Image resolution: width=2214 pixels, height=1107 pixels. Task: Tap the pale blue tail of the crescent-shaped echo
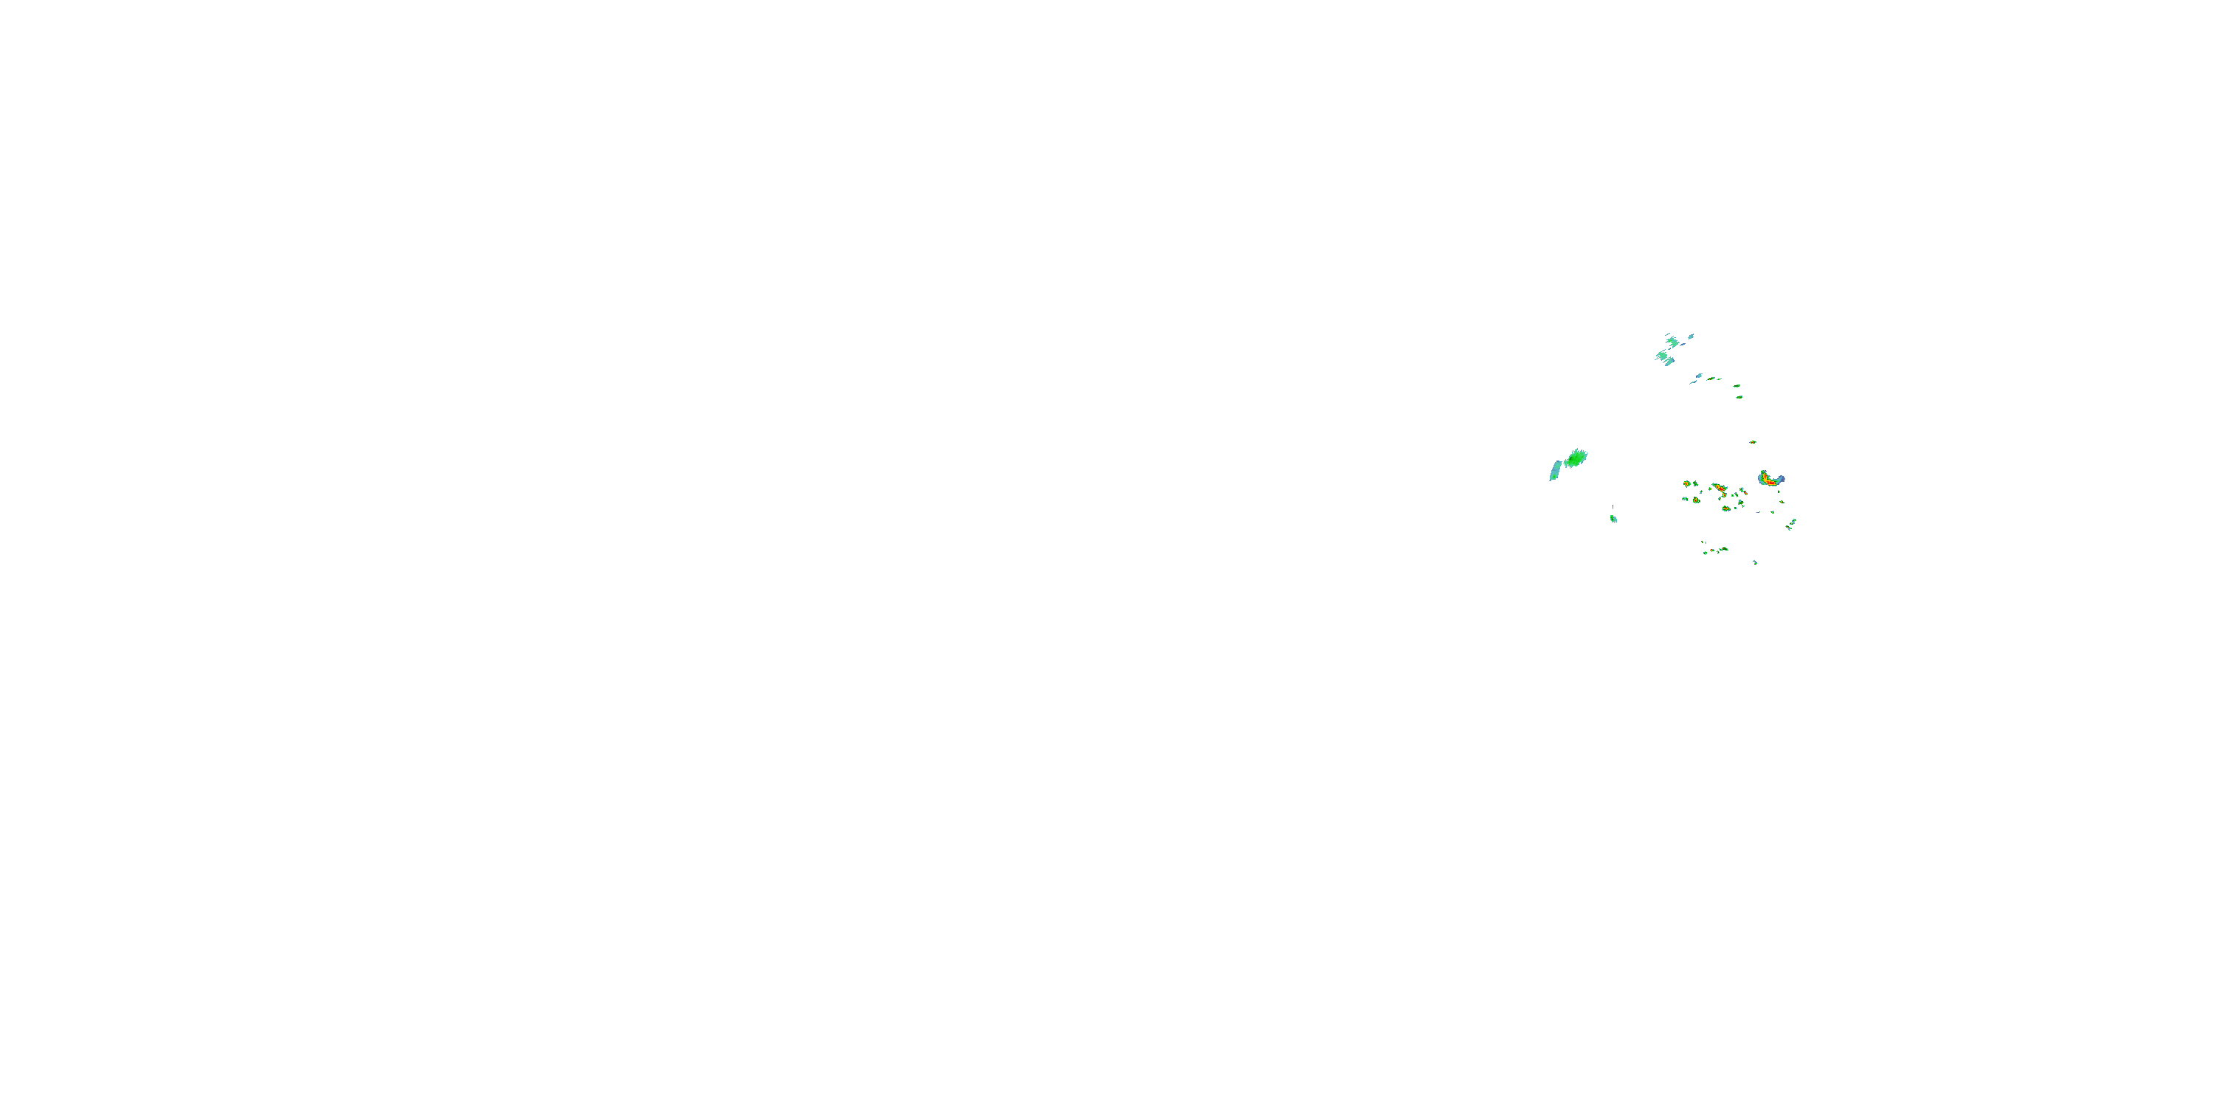pos(1782,478)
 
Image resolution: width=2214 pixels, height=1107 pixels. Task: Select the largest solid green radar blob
pos(1576,459)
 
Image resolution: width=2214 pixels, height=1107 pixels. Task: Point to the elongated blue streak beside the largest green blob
pos(1555,470)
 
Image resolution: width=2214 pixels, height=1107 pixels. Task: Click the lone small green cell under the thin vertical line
pos(1613,518)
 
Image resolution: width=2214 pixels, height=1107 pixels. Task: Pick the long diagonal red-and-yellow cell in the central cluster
pos(1720,488)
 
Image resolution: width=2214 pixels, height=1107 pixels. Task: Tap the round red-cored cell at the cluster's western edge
pos(1686,484)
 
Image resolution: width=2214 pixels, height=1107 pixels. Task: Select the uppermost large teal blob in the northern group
pos(1672,342)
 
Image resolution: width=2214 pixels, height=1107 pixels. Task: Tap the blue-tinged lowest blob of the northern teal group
pos(1668,361)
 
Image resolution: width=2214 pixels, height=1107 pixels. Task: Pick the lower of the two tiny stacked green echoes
pos(1739,396)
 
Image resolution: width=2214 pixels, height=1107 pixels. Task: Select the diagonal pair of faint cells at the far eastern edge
pos(1791,523)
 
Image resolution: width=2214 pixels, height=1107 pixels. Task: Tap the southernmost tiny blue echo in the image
pos(1755,562)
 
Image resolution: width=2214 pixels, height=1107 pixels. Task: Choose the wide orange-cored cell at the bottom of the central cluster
pos(1726,508)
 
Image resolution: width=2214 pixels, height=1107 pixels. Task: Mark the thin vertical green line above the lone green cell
pos(1613,508)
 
